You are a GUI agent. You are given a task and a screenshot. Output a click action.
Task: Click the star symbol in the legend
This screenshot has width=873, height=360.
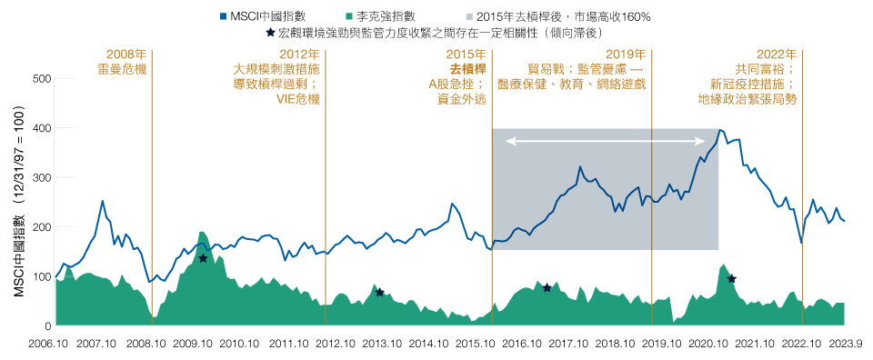click(x=269, y=34)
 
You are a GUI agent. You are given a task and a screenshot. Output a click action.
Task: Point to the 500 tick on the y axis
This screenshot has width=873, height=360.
click(x=42, y=79)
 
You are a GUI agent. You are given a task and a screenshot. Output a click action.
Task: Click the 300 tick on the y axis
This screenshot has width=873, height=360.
click(x=42, y=178)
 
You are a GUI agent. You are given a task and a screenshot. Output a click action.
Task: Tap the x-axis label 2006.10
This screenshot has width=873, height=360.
click(x=47, y=344)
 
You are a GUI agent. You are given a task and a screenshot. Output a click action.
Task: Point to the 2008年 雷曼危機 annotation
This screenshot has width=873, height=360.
click(x=126, y=61)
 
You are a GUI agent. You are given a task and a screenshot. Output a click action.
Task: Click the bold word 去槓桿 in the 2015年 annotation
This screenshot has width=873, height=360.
click(x=467, y=68)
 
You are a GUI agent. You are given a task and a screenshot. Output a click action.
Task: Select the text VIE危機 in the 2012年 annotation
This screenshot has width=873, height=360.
click(x=297, y=98)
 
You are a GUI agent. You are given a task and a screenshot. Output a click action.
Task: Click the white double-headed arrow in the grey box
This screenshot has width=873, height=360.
click(x=607, y=141)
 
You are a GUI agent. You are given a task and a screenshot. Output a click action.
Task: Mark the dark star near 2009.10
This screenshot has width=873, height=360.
click(x=203, y=259)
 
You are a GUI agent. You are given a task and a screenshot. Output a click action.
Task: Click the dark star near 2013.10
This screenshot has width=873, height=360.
click(x=380, y=292)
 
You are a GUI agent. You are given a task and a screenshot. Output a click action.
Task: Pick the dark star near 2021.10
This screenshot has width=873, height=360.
click(x=731, y=278)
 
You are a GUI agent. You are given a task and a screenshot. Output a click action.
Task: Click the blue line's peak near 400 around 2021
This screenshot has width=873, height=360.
click(x=720, y=130)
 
